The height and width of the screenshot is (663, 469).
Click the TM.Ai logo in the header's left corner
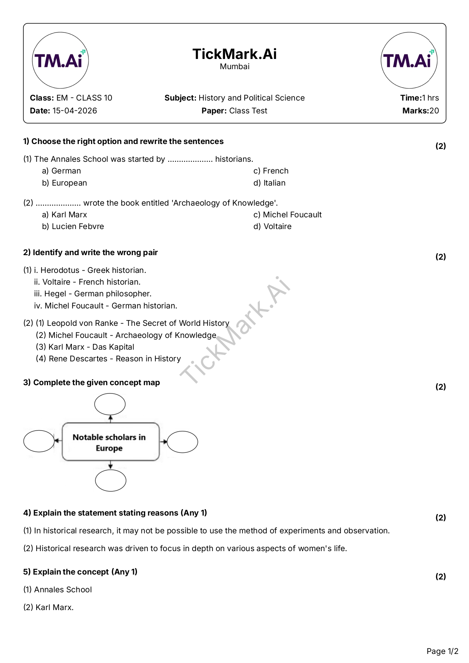pos(60,60)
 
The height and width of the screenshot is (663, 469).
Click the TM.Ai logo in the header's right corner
pos(409,60)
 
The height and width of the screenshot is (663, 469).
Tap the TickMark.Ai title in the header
pos(234,54)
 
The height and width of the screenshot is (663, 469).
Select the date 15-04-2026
pos(75,111)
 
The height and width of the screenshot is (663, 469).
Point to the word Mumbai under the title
pos(234,67)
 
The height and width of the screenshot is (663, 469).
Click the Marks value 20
pos(434,111)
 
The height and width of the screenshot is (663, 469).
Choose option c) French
pos(271,171)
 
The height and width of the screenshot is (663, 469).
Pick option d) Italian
pos(269,183)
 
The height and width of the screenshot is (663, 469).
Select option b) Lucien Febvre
pos(73,226)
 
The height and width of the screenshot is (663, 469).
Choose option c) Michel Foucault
pos(287,215)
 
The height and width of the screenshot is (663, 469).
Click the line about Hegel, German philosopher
pos(93,294)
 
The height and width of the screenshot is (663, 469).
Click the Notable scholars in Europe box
pos(110,442)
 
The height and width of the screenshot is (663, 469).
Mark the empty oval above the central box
pos(110,404)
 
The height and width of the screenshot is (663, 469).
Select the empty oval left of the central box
pos(39,441)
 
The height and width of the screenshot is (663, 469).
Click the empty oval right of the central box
pos(182,442)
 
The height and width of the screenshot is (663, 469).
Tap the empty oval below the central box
pos(110,480)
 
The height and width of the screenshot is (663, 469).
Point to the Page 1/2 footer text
pos(442,651)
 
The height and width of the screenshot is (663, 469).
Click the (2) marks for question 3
pos(441,387)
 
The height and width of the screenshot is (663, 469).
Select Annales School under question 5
pos(63,590)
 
